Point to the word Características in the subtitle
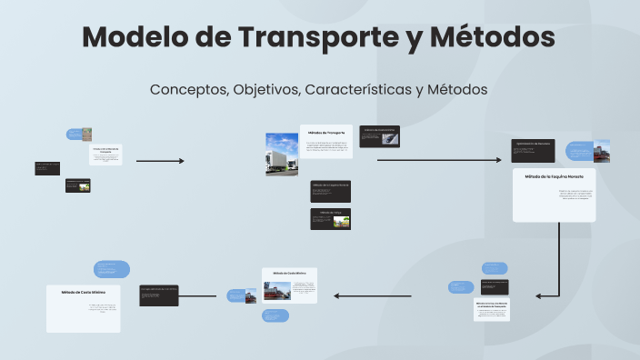[x=356, y=89]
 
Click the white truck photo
[x=281, y=155]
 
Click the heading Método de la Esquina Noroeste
[x=554, y=176]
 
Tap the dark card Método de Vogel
[x=330, y=218]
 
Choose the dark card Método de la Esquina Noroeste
[x=330, y=190]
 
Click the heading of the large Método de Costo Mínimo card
[x=84, y=292]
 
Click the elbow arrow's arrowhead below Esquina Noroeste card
[x=539, y=295]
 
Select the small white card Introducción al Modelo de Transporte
[x=106, y=155]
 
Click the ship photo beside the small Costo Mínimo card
[x=273, y=292]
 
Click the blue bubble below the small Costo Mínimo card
[x=275, y=315]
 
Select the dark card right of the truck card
[x=380, y=135]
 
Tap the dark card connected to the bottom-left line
[x=158, y=295]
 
